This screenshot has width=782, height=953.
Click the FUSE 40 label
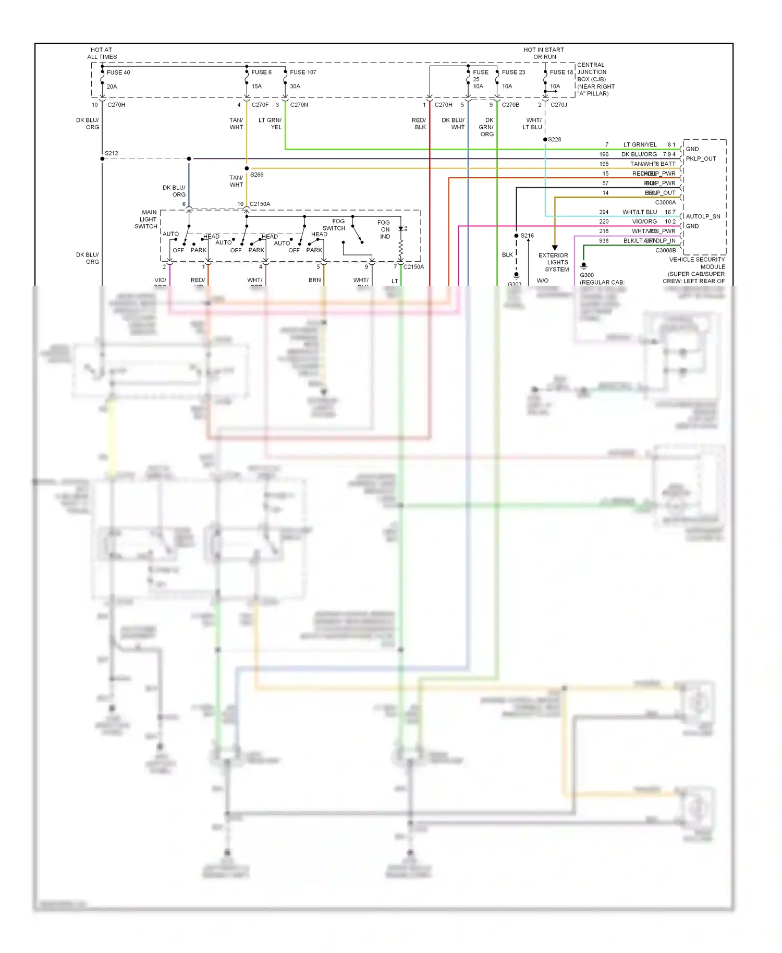(118, 72)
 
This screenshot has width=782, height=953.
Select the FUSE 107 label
(303, 72)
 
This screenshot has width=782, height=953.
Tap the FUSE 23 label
(514, 72)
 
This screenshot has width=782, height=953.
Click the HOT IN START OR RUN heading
(544, 53)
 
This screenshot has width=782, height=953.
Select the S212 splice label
(112, 153)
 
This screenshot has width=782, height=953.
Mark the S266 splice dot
(247, 168)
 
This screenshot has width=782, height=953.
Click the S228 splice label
(555, 139)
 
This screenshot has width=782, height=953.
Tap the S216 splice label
(527, 236)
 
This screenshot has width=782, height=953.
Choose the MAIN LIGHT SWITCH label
(147, 219)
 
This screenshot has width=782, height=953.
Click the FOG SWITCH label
(335, 225)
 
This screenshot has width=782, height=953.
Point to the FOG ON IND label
(384, 229)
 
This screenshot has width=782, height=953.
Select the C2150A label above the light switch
(260, 204)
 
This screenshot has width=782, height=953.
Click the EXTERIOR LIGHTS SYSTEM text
(554, 262)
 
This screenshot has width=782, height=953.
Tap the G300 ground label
(586, 275)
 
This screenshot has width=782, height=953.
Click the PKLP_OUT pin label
(701, 158)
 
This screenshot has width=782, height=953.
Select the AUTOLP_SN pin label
(703, 216)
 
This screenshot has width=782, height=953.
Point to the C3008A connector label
(665, 202)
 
